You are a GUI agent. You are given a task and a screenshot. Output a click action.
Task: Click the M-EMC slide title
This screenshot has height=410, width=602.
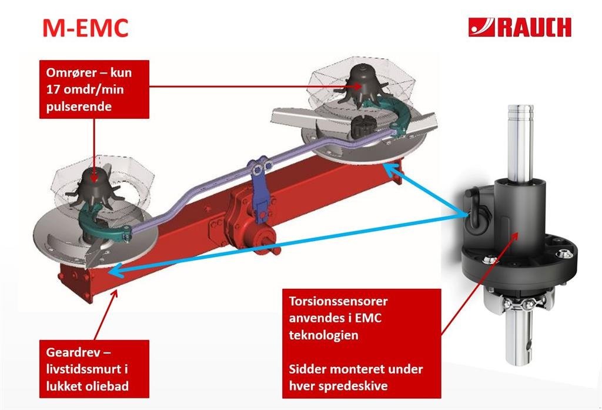pyautogui.click(x=85, y=28)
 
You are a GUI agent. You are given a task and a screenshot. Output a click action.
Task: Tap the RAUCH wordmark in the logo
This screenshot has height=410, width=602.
pyautogui.click(x=534, y=27)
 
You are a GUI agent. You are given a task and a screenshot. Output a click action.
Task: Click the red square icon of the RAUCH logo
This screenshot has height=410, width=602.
pyautogui.click(x=481, y=27)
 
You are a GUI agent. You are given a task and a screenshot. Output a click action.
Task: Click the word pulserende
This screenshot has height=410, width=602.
pyautogui.click(x=76, y=107)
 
